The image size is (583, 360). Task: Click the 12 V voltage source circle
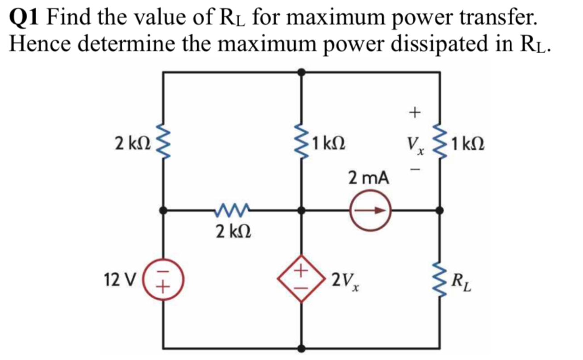pyautogui.click(x=164, y=281)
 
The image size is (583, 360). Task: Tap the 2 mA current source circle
pyautogui.click(x=370, y=210)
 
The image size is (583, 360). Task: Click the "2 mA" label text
pyautogui.click(x=369, y=179)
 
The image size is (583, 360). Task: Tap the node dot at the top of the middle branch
pyautogui.click(x=302, y=71)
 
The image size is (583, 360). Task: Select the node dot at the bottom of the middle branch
pyautogui.click(x=302, y=347)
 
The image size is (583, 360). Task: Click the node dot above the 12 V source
pyautogui.click(x=164, y=210)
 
